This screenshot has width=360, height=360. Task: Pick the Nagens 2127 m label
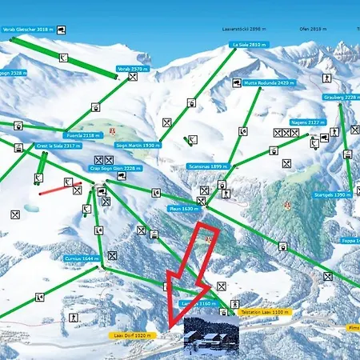306,122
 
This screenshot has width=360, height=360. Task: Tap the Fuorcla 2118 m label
82,136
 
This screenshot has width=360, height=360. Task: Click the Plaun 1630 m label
182,208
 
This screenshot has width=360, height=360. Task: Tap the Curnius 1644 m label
82,258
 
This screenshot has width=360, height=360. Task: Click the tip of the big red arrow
171,326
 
